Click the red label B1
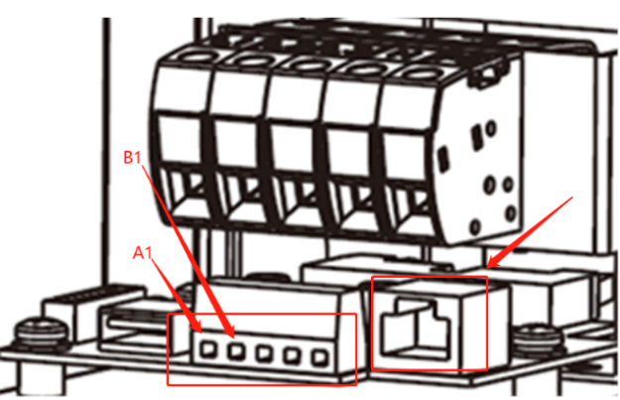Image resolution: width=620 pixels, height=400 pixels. (132, 157)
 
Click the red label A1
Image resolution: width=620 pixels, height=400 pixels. (142, 252)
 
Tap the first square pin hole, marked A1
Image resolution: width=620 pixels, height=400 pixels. (208, 349)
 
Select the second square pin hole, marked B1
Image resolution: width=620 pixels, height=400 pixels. (236, 350)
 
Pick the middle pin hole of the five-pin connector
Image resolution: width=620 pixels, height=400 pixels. (264, 353)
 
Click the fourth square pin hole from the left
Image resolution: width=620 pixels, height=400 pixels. (292, 355)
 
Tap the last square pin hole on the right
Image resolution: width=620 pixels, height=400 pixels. (319, 357)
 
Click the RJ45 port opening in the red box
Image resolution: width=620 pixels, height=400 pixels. (415, 328)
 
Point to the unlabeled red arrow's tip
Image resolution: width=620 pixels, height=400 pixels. (488, 267)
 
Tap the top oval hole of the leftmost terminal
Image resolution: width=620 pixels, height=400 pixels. (195, 58)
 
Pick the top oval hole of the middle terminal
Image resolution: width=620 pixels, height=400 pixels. (309, 65)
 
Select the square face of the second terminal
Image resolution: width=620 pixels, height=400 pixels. (236, 142)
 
